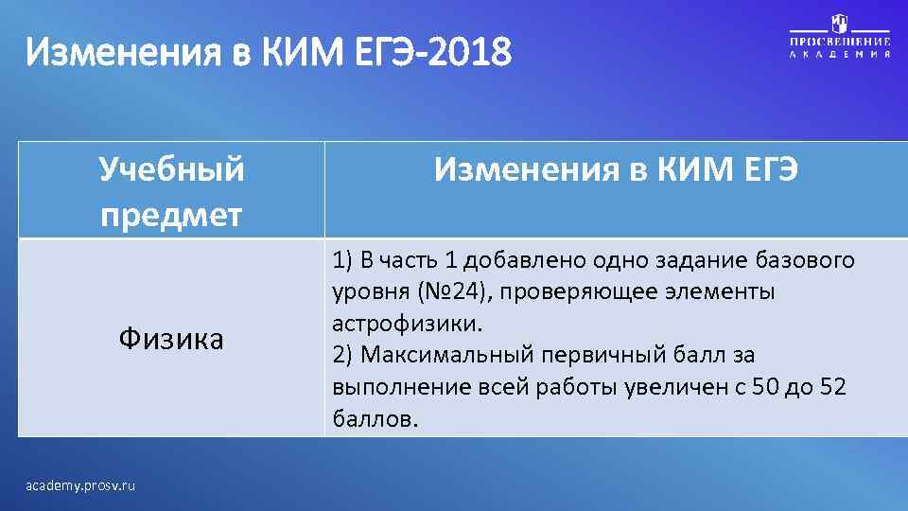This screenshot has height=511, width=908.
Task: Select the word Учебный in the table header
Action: (x=171, y=170)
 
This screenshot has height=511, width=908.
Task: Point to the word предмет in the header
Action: (x=171, y=213)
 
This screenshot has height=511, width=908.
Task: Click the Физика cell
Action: (x=171, y=339)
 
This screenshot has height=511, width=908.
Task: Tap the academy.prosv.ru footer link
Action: (x=82, y=485)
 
